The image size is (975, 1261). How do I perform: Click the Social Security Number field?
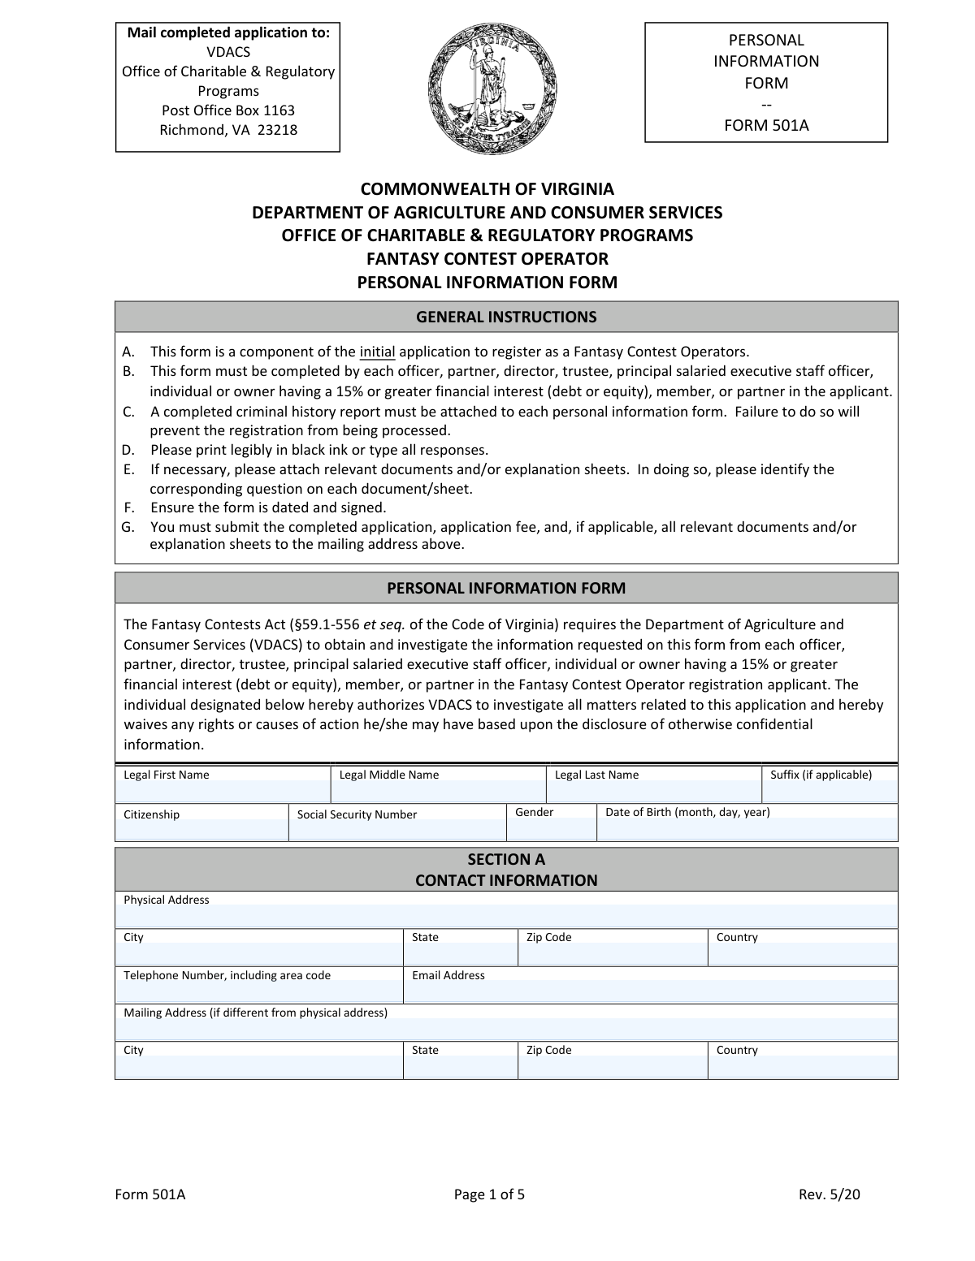point(397,830)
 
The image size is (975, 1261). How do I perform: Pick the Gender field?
point(552,830)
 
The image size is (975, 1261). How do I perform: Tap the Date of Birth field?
point(747,830)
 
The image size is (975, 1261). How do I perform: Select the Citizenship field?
point(201,830)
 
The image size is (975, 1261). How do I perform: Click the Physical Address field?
point(506,915)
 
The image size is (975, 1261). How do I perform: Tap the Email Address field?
point(650,991)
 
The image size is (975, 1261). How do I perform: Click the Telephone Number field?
point(259,991)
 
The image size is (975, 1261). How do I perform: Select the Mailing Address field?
point(506,1028)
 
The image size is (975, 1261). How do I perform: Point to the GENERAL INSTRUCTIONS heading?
point(506,317)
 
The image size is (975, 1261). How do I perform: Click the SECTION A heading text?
point(506,859)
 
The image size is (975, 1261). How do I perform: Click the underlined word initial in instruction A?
point(377,352)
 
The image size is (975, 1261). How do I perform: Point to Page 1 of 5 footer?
point(489,1194)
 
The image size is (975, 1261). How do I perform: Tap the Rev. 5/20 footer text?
point(829,1194)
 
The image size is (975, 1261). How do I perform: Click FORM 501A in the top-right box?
point(766,125)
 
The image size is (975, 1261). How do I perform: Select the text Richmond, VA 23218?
point(228,130)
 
